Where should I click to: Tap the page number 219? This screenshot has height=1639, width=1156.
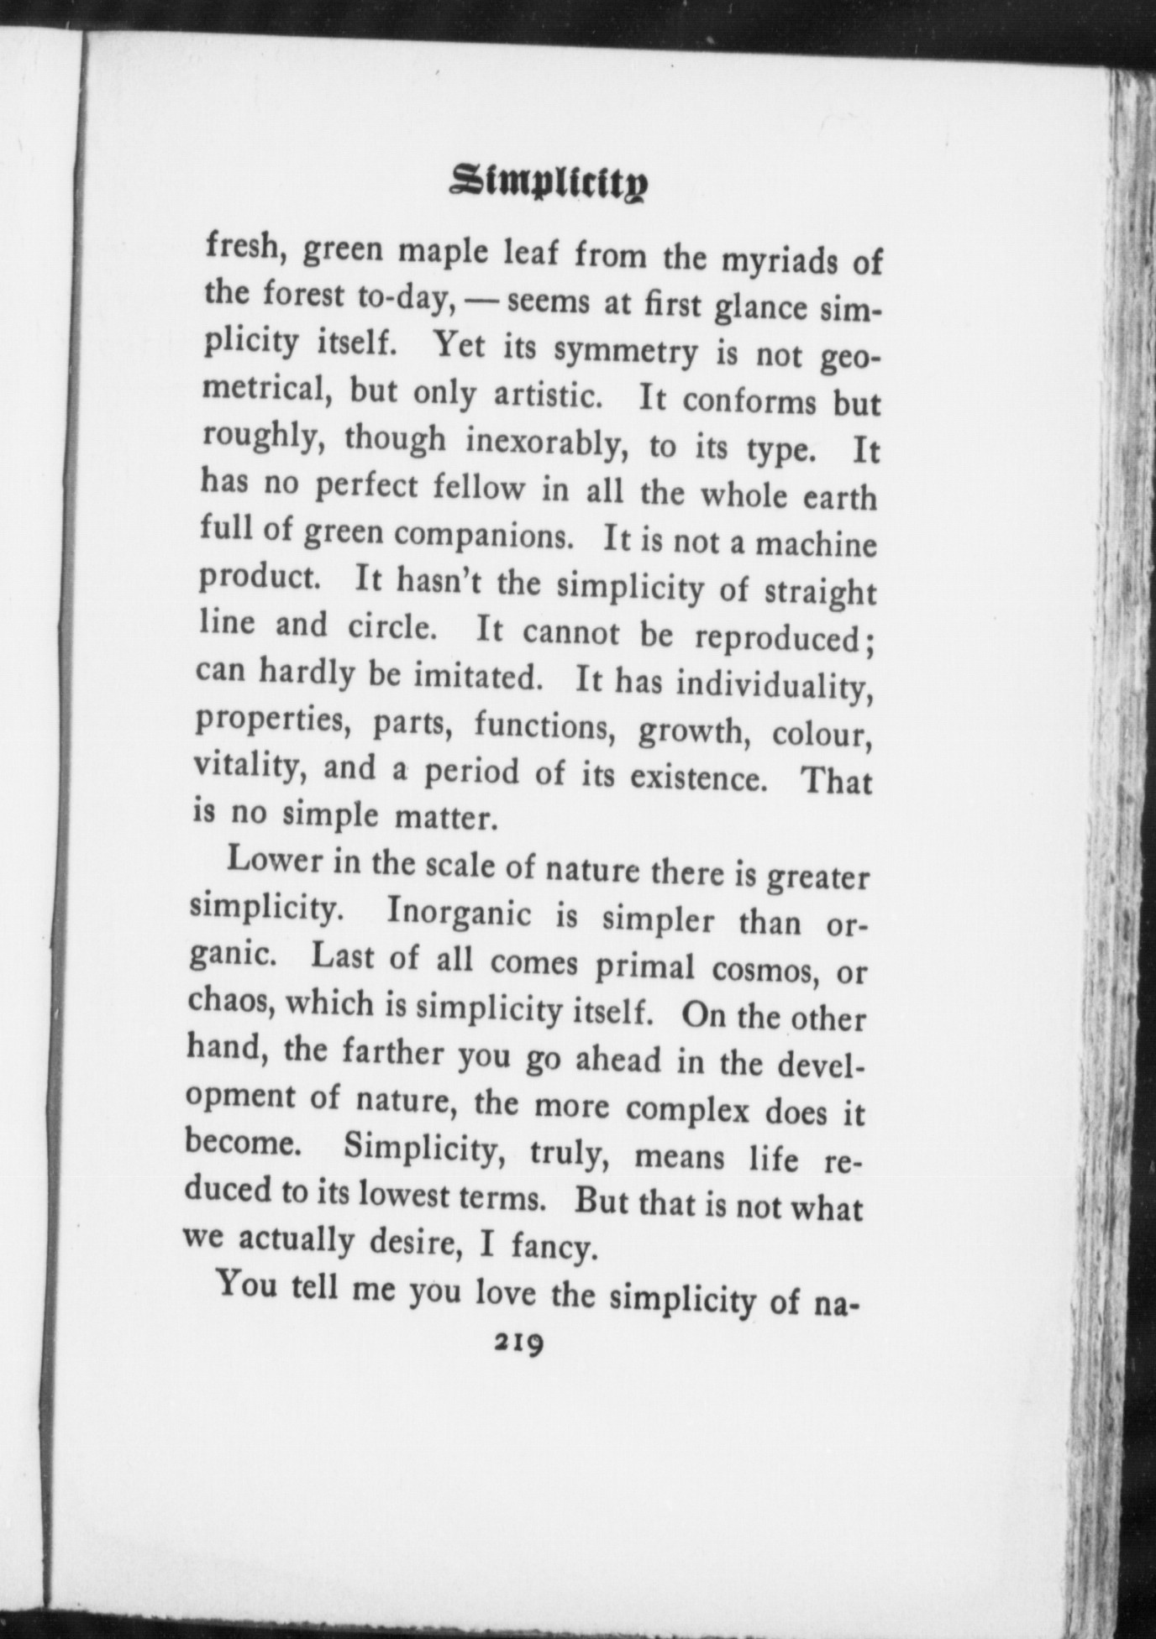[x=518, y=1343]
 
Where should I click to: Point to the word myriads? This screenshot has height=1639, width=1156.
[x=781, y=259]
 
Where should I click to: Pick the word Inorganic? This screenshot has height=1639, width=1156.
[x=459, y=914]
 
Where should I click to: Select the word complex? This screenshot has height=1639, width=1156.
[x=686, y=1110]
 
